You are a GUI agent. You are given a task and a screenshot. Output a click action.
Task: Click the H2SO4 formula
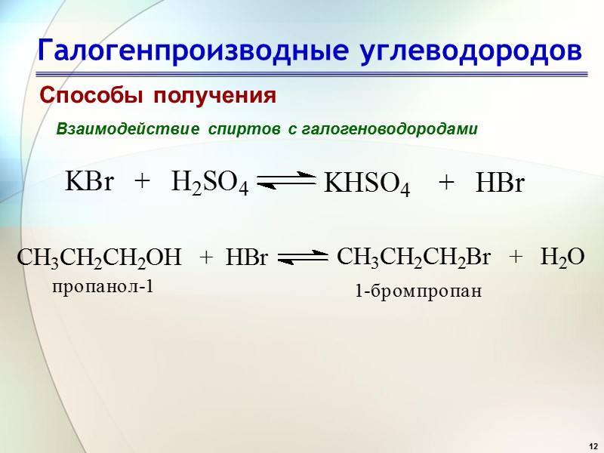click(x=210, y=183)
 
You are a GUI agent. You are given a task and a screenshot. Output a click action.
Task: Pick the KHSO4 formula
click(x=367, y=185)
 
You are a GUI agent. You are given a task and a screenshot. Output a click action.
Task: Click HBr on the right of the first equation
click(x=499, y=183)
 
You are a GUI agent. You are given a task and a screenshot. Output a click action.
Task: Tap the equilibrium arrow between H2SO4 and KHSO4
click(x=287, y=180)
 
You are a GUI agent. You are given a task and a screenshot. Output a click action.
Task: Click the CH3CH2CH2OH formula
click(x=100, y=259)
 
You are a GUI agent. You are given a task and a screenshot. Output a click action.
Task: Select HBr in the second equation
click(x=247, y=259)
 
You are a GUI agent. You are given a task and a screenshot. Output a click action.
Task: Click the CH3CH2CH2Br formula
click(x=413, y=257)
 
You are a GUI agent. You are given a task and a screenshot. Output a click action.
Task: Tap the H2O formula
click(x=562, y=257)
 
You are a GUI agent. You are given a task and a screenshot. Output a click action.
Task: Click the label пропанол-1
click(x=103, y=286)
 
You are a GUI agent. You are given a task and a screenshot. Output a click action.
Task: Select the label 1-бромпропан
click(x=418, y=291)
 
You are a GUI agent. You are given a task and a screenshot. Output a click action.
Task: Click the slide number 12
click(x=592, y=442)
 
